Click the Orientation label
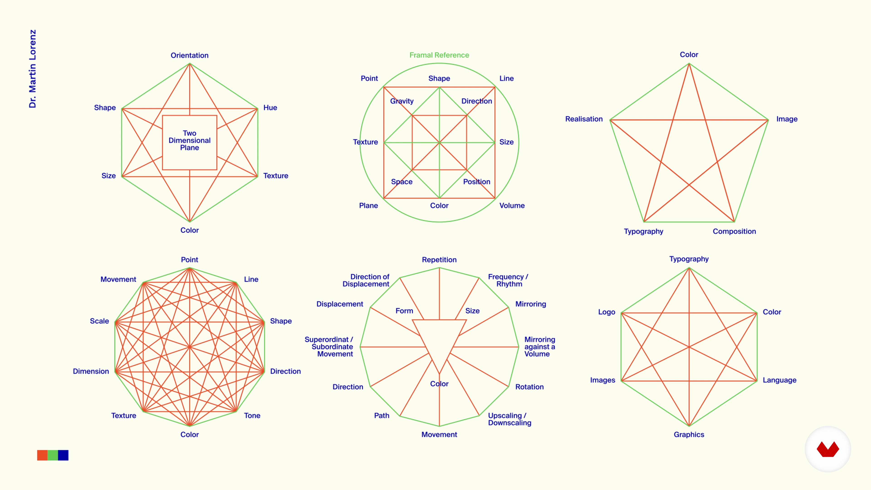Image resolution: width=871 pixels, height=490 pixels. [x=189, y=55]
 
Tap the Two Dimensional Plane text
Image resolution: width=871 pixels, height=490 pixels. [x=189, y=140]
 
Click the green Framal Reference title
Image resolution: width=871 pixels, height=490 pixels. [x=439, y=55]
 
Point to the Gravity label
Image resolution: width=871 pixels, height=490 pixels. [x=402, y=101]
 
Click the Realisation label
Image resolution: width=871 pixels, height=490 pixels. [x=584, y=119]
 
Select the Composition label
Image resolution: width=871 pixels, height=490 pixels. [x=734, y=231]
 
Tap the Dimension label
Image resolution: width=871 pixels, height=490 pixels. [x=91, y=371]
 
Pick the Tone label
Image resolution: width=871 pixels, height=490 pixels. [x=252, y=416]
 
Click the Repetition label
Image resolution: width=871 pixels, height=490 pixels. [x=439, y=260]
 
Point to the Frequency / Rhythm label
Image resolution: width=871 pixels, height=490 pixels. [x=508, y=280]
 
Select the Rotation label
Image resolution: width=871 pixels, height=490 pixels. [x=529, y=387]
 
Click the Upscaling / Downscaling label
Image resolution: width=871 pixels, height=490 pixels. [x=509, y=419]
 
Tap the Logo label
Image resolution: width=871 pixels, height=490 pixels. [x=607, y=312]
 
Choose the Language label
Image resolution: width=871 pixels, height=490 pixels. [x=779, y=380]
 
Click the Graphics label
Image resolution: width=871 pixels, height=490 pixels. [x=689, y=435]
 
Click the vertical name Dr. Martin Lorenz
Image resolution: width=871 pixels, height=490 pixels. [x=32, y=69]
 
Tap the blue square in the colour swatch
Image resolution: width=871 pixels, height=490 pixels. [x=63, y=455]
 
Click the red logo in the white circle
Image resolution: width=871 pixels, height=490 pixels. [x=828, y=449]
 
